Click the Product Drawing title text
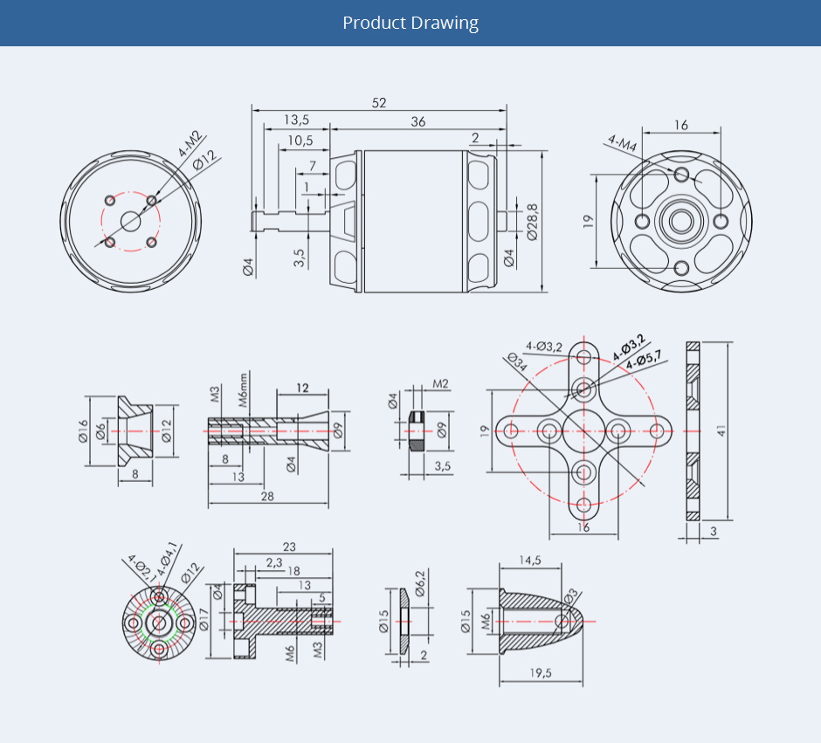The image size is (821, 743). pos(410,23)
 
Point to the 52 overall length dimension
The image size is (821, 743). pos(379,102)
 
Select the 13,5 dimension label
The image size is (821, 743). pos(296,120)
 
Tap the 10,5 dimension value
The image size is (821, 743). pos(301,140)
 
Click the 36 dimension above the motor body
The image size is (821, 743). pos(418,122)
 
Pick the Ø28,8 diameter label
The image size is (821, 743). pos(532,222)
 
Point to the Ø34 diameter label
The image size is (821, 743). pos(515,362)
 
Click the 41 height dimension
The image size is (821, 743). pos(721,430)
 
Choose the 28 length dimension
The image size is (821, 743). pos(268,496)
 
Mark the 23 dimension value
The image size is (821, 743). pos(289,547)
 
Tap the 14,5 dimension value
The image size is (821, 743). pos(529,561)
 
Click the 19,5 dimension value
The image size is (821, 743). pos(541,672)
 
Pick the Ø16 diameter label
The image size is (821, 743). pos(84,431)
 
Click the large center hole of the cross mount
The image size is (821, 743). pos(583,430)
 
